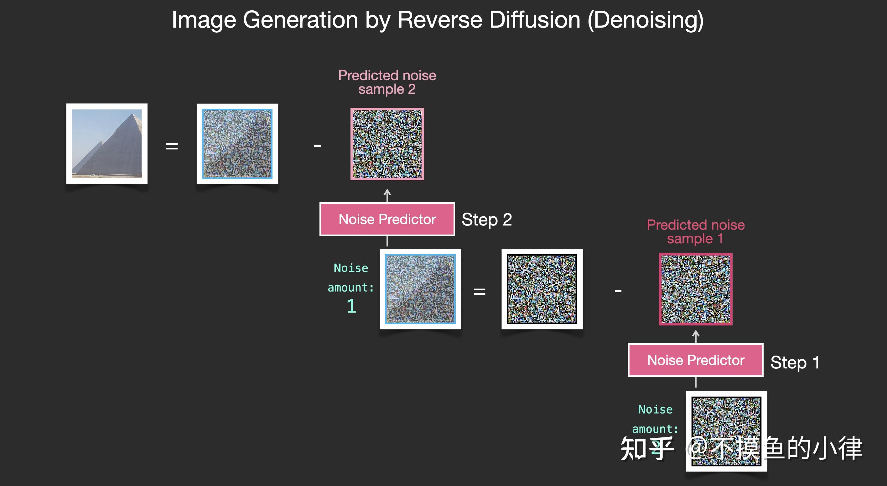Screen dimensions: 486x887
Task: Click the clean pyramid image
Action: [107, 143]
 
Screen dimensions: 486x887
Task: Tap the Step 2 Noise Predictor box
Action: [387, 219]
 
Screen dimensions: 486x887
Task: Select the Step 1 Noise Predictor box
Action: [696, 360]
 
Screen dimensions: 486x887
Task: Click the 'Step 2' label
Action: [486, 219]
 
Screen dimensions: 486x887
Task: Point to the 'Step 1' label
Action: [795, 362]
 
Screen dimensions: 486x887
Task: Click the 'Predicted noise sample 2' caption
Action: [387, 82]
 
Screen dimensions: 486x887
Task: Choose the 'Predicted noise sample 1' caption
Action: [696, 232]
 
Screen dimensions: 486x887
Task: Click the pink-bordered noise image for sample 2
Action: [387, 144]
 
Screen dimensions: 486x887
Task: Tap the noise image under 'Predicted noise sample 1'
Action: [696, 289]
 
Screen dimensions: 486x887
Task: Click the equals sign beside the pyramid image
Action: [172, 146]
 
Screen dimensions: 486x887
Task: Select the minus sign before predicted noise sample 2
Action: [317, 146]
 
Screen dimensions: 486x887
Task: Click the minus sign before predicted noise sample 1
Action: [618, 291]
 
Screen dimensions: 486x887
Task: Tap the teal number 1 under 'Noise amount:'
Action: [351, 306]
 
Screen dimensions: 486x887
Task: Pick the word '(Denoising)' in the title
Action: [645, 20]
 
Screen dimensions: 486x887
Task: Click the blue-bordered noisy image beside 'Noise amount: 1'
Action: [420, 289]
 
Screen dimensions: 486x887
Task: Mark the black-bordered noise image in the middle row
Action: [542, 289]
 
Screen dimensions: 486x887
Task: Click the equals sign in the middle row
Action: [479, 292]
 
